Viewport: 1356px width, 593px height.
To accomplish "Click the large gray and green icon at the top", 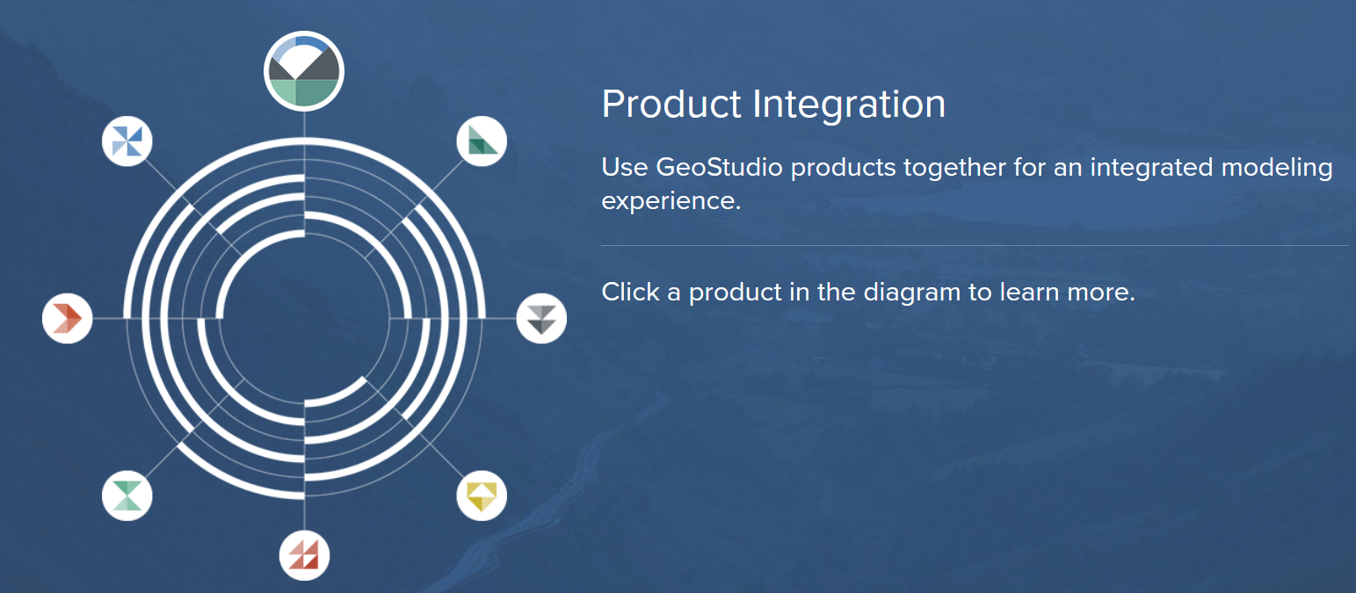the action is pos(304,71).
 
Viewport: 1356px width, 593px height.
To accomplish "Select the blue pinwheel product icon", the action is pos(127,141).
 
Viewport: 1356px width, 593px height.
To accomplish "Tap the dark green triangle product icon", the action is pos(482,141).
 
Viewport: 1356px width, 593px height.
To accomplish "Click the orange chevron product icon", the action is pos(67,318).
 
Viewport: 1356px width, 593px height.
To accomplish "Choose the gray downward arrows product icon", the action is pos(542,318).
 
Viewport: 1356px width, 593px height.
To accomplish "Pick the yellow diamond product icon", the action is pos(482,495).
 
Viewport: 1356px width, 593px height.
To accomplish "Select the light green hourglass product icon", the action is pos(127,495).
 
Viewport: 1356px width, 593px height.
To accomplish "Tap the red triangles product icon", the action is pos(304,555).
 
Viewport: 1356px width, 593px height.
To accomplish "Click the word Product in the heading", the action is pos(671,104).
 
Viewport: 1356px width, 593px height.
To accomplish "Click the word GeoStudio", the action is pos(719,167).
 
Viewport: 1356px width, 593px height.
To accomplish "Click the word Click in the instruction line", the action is pos(630,292).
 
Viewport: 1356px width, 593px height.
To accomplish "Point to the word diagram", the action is pos(911,293).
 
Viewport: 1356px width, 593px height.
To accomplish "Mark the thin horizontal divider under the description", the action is pos(975,246).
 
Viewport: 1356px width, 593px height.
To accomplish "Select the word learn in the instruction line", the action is pos(1029,292).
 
